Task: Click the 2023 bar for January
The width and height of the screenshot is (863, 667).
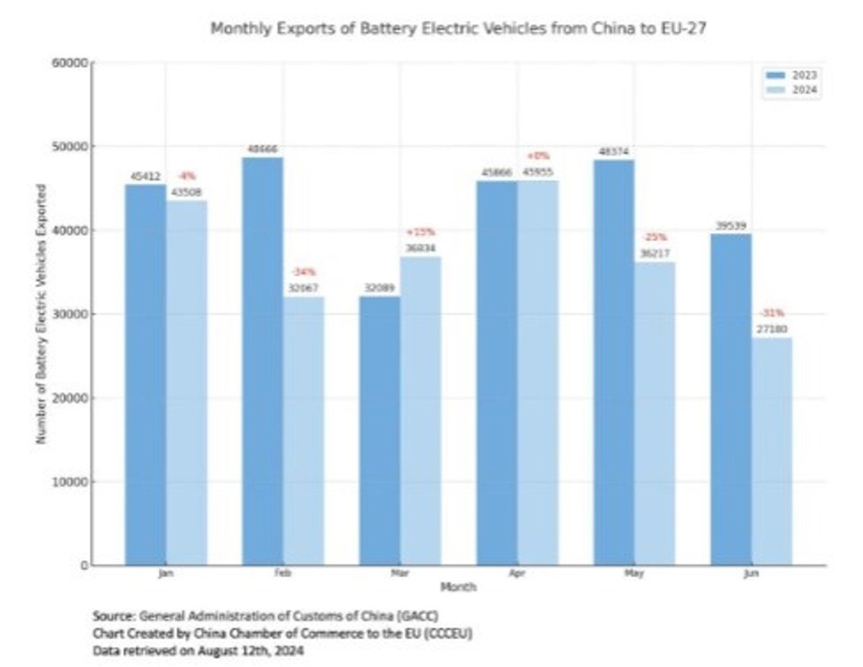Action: (x=145, y=374)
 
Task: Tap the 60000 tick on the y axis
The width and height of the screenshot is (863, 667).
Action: (x=70, y=63)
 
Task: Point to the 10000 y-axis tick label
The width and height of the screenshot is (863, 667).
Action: (x=70, y=481)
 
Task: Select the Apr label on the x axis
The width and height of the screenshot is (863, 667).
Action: (x=517, y=574)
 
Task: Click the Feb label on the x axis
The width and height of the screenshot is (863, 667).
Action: (x=283, y=574)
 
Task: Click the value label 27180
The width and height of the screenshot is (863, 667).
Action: (x=772, y=328)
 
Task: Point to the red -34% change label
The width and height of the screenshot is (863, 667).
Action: (x=303, y=272)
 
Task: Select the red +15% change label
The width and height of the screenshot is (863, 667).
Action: (x=421, y=232)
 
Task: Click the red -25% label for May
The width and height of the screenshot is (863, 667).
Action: (x=655, y=237)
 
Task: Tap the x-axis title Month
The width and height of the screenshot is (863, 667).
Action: (x=458, y=586)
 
